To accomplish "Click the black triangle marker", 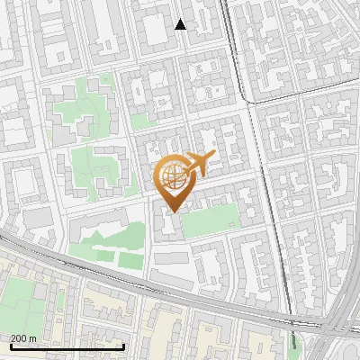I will pos(181,24).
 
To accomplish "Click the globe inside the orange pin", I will pos(172,177).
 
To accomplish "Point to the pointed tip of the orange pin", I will pos(172,211).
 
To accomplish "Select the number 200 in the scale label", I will pos(19,337).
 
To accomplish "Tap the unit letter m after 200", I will pos(32,337).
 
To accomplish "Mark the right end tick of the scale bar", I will pos(122,345).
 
